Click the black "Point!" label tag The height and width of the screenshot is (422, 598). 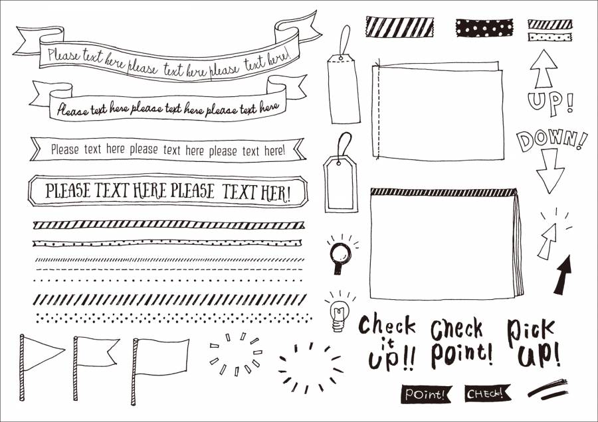[x=426, y=393]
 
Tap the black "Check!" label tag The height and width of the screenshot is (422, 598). [x=487, y=393]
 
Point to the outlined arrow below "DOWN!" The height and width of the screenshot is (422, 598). [x=550, y=171]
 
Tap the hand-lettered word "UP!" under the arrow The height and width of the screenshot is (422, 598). [x=550, y=102]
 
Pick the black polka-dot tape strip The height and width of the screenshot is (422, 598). [x=484, y=27]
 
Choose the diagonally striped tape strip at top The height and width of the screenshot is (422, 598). [x=399, y=27]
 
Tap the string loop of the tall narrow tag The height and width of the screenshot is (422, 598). [x=346, y=39]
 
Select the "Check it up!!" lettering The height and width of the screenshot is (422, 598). [x=388, y=341]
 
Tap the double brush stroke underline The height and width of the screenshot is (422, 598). [x=548, y=389]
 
